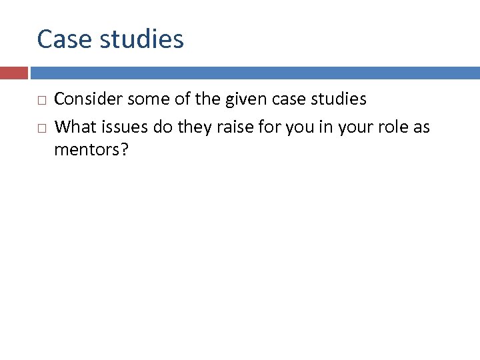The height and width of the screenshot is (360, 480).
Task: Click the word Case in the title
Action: tap(64, 39)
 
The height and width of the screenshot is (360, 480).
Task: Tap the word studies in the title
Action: tap(141, 39)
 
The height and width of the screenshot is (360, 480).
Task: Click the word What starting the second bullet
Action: tap(73, 127)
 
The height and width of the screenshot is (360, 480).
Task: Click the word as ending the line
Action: tap(421, 127)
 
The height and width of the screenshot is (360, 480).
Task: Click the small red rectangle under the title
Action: tap(13, 73)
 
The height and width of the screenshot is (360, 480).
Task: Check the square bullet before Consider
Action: tap(41, 101)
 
